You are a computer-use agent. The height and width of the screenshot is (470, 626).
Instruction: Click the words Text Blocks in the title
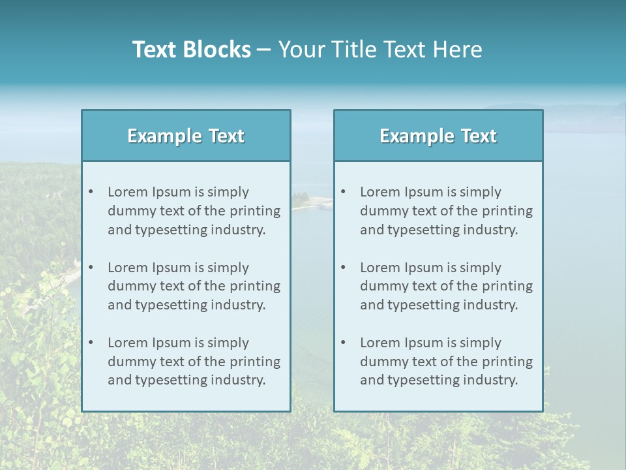191,50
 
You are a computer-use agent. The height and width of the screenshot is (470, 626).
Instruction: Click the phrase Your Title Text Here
380,50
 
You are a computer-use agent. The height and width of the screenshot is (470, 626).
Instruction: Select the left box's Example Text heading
186,136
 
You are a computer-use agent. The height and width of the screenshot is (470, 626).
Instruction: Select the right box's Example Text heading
438,136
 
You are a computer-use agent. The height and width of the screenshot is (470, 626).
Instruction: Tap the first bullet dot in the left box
91,192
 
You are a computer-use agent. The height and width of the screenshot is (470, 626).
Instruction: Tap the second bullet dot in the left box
91,268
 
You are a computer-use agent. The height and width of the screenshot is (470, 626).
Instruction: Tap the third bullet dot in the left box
91,343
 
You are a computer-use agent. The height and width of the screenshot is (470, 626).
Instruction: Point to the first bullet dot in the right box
343,192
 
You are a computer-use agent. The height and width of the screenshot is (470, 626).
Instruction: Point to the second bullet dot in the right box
343,268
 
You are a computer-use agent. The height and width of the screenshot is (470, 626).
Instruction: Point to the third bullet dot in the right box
343,343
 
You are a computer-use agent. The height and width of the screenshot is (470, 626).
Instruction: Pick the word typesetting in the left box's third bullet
171,381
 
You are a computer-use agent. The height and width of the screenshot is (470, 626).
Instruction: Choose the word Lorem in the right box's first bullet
380,192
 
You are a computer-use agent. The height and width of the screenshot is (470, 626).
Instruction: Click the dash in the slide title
264,50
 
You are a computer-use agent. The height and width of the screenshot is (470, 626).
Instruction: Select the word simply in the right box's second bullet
481,268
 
